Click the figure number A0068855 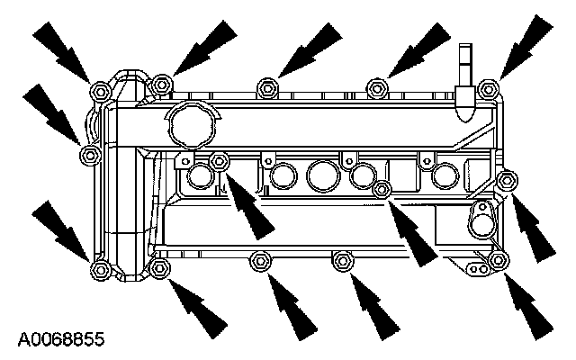tap(60, 341)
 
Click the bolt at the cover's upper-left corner tap(99, 89)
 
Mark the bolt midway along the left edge tap(89, 156)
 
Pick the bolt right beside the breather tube tap(487, 88)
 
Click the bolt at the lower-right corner tap(498, 262)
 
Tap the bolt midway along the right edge tap(507, 180)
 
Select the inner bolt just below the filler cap tap(219, 161)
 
